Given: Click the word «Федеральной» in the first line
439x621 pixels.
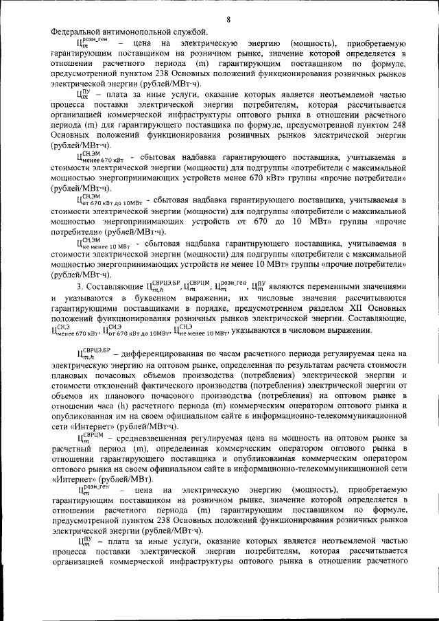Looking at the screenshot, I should pos(78,32).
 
